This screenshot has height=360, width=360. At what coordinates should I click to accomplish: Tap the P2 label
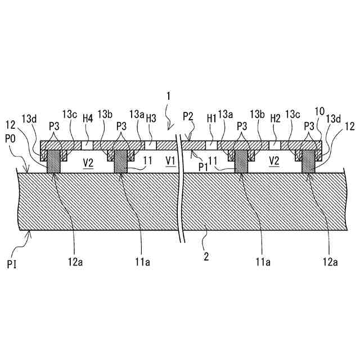(188, 116)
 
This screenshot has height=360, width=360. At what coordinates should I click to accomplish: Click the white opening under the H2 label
(274, 145)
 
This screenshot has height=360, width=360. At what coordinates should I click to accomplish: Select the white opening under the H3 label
(151, 145)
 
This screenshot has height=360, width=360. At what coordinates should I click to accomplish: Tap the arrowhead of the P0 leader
(26, 172)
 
